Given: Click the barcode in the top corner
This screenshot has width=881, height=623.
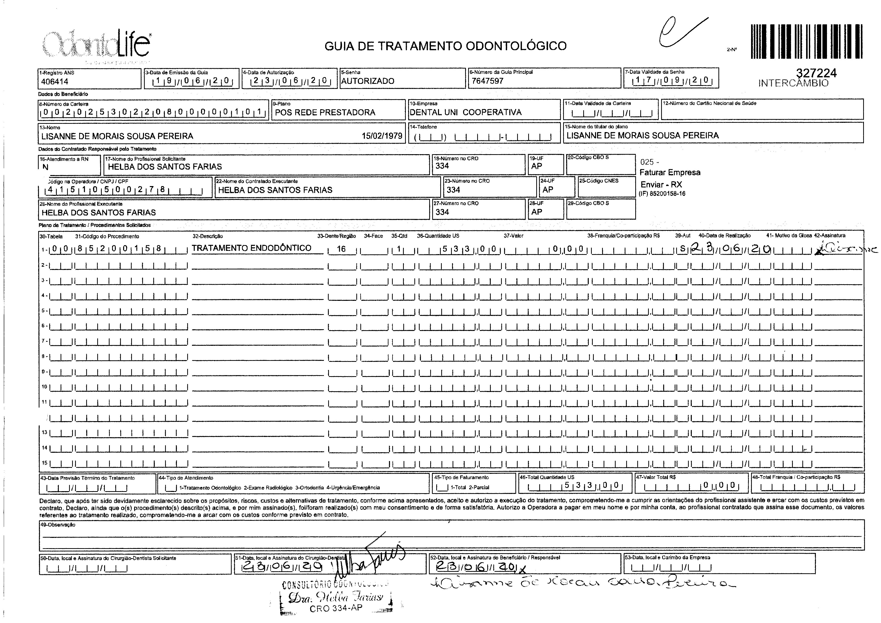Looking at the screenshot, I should coord(806,41).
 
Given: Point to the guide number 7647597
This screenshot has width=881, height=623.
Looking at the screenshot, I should coord(487,81).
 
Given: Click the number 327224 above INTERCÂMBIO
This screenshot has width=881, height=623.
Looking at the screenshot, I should coord(816,73).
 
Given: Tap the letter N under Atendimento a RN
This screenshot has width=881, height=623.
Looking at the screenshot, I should coord(45,167).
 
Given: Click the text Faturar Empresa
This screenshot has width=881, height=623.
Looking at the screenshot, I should coord(670,173).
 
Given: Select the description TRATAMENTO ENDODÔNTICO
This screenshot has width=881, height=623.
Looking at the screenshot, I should coord(252,248).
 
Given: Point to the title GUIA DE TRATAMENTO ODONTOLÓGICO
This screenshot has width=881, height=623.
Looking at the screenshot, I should coord(445,46).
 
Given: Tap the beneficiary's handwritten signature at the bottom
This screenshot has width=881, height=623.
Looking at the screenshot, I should coord(580,584).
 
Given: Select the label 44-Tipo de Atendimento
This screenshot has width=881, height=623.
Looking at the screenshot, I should coord(186,478).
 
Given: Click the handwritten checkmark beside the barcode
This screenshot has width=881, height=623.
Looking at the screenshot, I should coord(679,33).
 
